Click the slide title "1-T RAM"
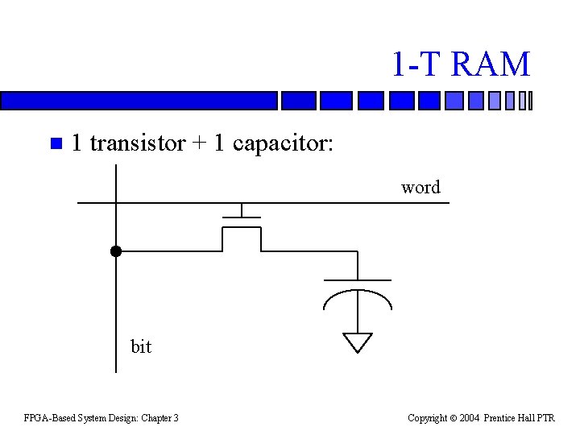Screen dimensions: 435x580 [x=461, y=64]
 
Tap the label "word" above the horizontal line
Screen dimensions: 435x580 [x=420, y=188]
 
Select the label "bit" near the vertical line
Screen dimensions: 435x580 [x=141, y=346]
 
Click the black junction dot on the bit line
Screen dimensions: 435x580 [x=116, y=251]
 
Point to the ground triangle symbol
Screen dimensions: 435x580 [x=358, y=342]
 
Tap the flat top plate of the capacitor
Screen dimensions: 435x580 [x=357, y=280]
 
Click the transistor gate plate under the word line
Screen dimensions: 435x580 [x=241, y=217]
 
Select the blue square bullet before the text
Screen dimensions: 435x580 [x=55, y=145]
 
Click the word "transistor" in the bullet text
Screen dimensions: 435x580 [x=137, y=143]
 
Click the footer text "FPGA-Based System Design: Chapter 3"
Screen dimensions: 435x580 [x=101, y=417]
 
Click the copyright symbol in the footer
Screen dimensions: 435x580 [x=454, y=417]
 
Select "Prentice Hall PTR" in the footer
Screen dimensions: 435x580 [x=525, y=417]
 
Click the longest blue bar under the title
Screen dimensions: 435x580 [x=139, y=101]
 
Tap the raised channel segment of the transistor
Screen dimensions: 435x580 [x=241, y=228]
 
